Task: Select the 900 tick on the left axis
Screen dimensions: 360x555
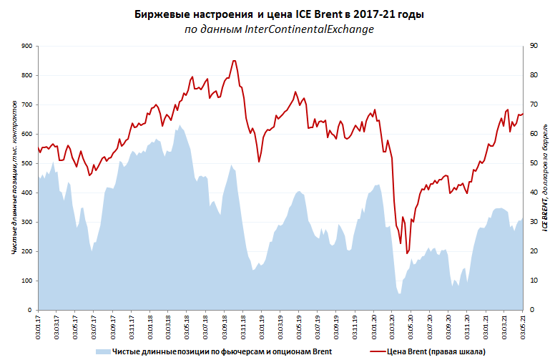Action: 27,46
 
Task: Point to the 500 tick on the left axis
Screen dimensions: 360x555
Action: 27,163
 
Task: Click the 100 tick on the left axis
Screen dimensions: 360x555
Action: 27,281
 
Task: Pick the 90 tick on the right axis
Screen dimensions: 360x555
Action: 533,46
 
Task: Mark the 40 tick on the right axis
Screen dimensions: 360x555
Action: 533,193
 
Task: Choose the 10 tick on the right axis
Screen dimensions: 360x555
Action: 533,281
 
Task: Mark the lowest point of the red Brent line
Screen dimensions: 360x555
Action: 407,253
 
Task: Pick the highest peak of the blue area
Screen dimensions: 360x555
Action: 180,125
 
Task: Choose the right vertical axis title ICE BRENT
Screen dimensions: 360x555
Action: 544,177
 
